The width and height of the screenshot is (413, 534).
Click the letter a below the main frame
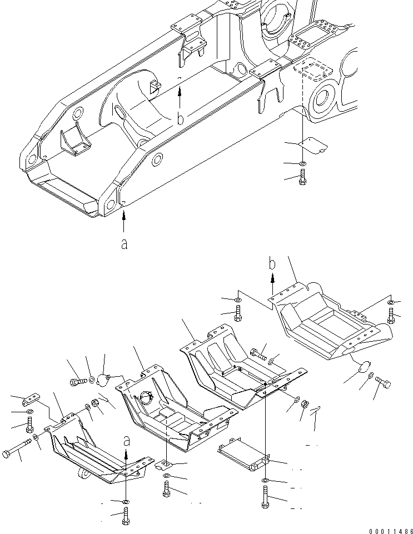pyautogui.click(x=124, y=243)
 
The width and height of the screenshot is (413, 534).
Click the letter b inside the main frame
pyautogui.click(x=180, y=118)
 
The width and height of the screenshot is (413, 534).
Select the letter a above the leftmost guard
pyautogui.click(x=127, y=442)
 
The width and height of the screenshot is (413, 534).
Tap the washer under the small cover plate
pyautogui.click(x=302, y=163)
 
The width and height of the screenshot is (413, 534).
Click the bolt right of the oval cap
pyautogui.click(x=384, y=383)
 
